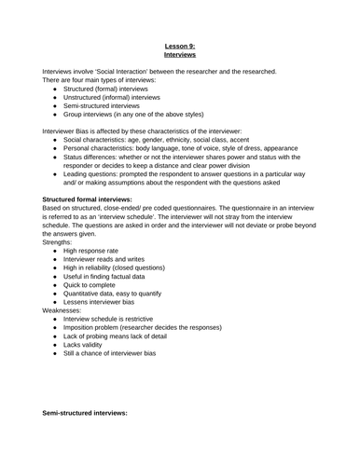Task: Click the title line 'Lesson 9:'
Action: tap(180, 45)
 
